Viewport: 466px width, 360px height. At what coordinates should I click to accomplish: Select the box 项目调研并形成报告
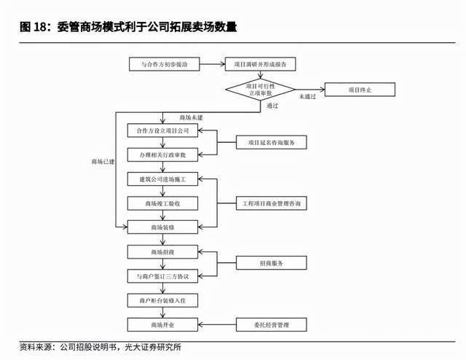coord(260,64)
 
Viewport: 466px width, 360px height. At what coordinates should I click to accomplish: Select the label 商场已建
coord(103,162)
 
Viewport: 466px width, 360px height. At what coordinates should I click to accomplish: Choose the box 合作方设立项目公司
coord(162,131)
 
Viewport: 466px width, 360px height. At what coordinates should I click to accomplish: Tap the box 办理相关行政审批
coord(162,155)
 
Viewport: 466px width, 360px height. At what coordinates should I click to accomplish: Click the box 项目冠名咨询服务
coord(271,143)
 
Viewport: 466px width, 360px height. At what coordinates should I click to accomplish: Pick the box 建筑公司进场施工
coord(162,179)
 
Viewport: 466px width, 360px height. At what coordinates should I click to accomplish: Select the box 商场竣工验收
coord(162,203)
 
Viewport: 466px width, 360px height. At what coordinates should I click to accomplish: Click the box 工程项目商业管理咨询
coord(271,203)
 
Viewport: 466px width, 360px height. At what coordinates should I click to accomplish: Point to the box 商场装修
coord(162,227)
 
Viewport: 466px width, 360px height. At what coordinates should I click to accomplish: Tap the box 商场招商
coord(162,252)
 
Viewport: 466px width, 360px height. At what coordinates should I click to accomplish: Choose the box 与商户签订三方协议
coord(162,276)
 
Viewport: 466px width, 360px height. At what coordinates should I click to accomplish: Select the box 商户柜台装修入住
coord(162,300)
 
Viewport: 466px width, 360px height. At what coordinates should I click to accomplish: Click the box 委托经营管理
coord(271,324)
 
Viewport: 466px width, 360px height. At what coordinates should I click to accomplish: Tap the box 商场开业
coord(162,324)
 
